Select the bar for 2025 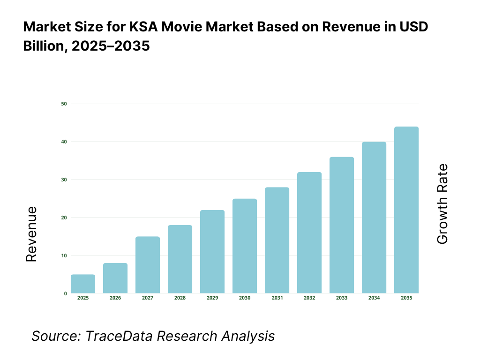tap(83, 284)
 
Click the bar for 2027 tap(148, 265)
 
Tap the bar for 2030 tap(245, 246)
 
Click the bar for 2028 tap(180, 259)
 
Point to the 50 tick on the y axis tap(64, 104)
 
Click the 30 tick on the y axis tap(64, 180)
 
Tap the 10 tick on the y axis tap(64, 255)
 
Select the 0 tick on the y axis tap(65, 293)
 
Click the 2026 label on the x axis tap(115, 298)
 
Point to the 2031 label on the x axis tap(277, 298)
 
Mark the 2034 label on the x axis tap(374, 298)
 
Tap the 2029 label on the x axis tap(212, 298)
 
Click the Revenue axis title tap(31, 234)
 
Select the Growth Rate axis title tap(442, 204)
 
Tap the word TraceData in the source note tap(113, 336)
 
